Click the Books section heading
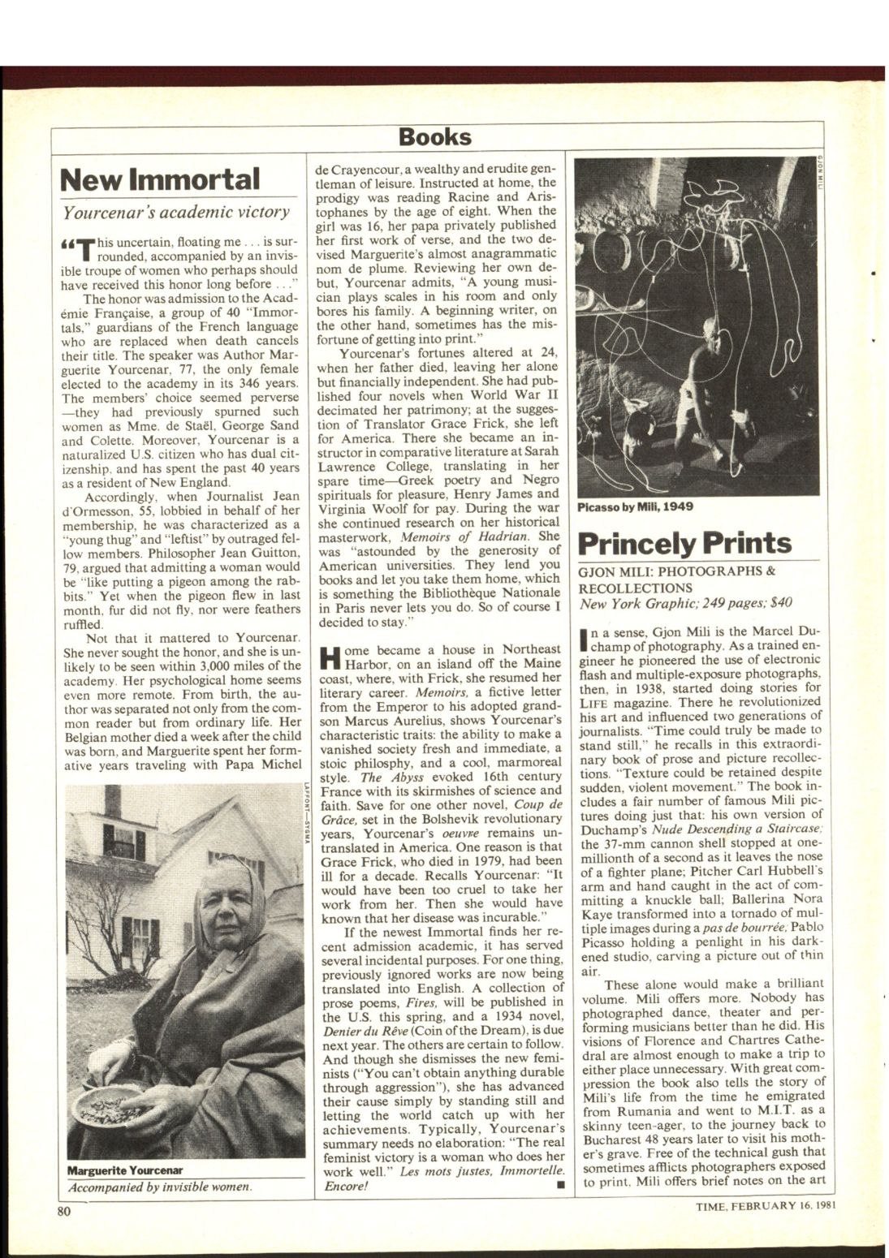pyautogui.click(x=434, y=136)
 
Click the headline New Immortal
pyautogui.click(x=161, y=179)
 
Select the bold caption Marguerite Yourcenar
pyautogui.click(x=125, y=1170)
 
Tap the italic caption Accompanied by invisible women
pyautogui.click(x=160, y=1186)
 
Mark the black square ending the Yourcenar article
pyautogui.click(x=559, y=1186)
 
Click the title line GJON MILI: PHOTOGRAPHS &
pyautogui.click(x=676, y=571)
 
